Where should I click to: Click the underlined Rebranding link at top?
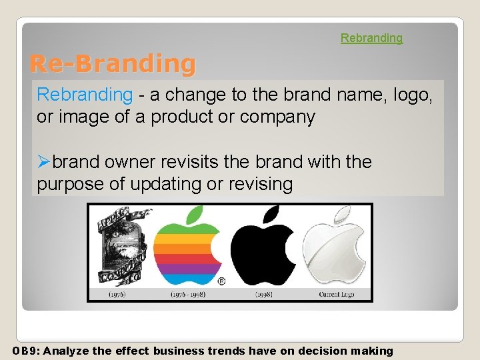(371, 38)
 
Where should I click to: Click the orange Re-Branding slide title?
(113, 64)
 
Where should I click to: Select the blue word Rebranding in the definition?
(85, 95)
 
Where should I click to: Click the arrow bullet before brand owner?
(44, 162)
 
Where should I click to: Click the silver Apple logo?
(336, 247)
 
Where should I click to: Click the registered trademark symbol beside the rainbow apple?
(221, 281)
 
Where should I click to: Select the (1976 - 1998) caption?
(189, 294)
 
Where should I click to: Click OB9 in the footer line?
(24, 351)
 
